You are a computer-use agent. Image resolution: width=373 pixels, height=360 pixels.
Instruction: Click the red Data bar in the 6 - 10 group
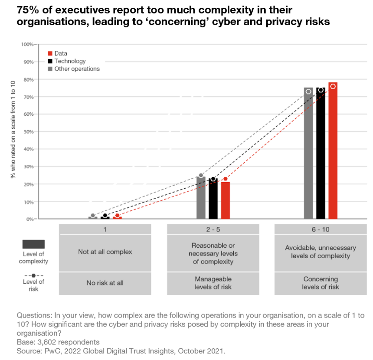click(333, 152)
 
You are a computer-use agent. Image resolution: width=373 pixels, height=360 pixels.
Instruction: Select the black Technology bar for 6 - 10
click(321, 154)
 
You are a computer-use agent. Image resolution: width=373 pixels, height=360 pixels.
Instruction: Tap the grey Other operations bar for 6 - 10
click(308, 154)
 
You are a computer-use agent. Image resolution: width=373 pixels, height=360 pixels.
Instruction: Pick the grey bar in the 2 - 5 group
click(201, 198)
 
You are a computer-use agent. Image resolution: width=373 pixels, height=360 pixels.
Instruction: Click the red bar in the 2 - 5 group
click(225, 201)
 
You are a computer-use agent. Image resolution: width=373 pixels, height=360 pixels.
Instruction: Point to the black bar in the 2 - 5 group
click(213, 200)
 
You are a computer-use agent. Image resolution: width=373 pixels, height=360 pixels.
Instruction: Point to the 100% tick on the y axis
click(27, 44)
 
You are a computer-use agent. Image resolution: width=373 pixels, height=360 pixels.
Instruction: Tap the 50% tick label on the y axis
click(28, 131)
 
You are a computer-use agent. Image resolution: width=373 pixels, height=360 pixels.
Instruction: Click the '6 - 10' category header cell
click(321, 229)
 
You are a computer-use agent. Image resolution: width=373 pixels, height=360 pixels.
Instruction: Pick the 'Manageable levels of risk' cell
click(213, 283)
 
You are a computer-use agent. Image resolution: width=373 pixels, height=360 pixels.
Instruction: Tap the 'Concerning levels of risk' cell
click(321, 283)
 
